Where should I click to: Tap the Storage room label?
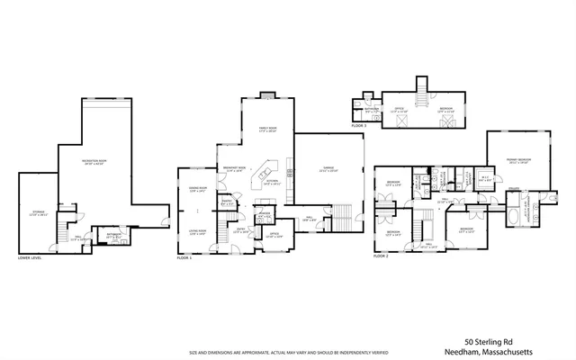(x=37, y=213)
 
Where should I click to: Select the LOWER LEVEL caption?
(x=31, y=257)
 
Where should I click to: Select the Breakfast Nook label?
(x=236, y=168)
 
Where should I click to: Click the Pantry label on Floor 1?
(x=228, y=202)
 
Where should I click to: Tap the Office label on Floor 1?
(x=274, y=235)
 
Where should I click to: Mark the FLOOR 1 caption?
(x=185, y=257)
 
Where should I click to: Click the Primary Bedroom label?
(x=517, y=161)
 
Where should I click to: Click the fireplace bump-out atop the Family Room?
(x=267, y=95)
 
